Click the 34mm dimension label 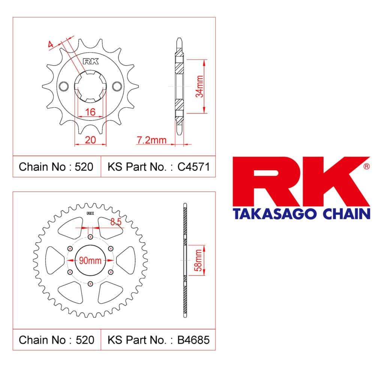pos(199,86)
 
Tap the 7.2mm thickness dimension pos(151,140)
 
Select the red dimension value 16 pos(90,112)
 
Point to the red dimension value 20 pos(90,140)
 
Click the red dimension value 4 pos(51,44)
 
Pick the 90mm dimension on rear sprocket pos(90,261)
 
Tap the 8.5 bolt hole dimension pos(116,222)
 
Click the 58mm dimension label pos(198,260)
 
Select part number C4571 pos(193,167)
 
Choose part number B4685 pos(193,340)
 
